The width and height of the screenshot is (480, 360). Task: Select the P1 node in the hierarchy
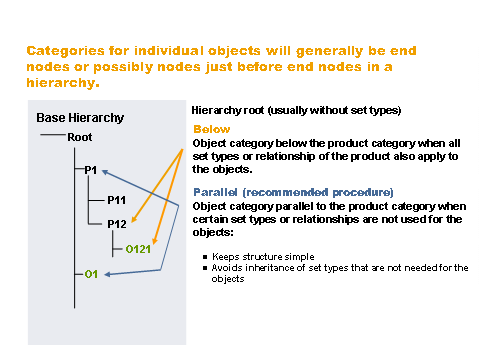point(89,170)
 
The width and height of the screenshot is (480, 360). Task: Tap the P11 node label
point(117,198)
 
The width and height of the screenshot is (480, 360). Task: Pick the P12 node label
point(117,224)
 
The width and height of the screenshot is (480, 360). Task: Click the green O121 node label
point(138,249)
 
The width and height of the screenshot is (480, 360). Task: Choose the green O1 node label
point(90,273)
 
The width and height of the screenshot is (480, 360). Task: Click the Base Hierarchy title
point(81,118)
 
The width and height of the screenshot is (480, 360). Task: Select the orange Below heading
point(211,130)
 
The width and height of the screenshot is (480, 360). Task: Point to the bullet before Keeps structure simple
point(204,256)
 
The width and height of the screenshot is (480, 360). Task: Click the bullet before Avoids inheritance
point(204,267)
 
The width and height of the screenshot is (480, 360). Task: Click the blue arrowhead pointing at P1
point(103,171)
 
